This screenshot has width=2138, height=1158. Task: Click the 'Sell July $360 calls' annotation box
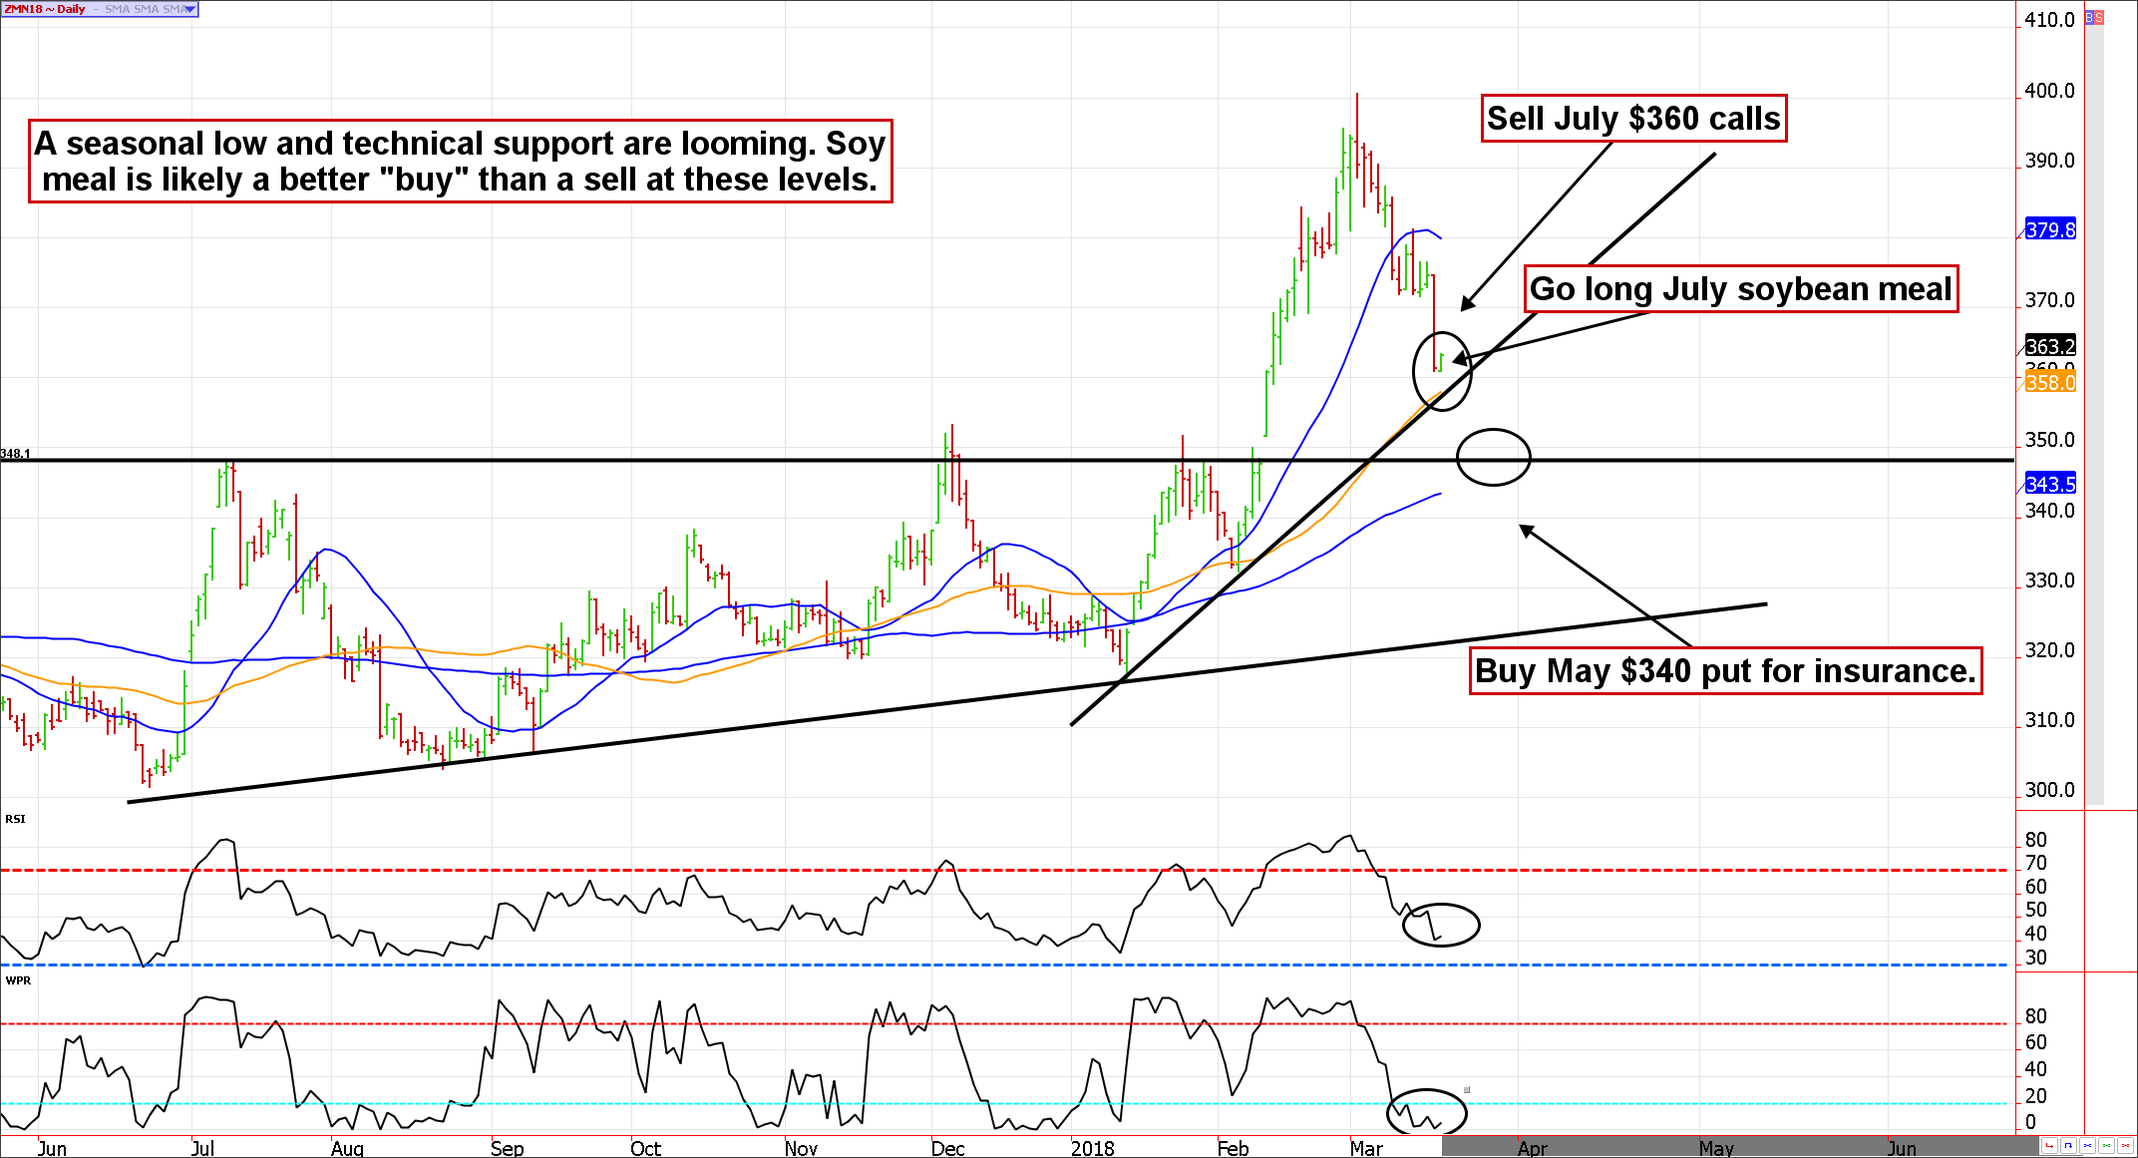1632,119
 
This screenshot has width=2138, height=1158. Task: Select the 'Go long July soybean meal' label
1740,289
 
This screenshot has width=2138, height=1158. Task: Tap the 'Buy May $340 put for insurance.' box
1724,671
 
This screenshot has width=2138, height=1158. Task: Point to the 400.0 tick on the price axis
2049,91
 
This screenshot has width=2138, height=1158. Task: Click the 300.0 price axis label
2049,790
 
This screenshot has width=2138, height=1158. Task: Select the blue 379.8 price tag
2050,229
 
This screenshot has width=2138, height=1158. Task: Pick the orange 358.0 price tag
2050,383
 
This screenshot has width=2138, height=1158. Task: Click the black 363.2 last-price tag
2050,346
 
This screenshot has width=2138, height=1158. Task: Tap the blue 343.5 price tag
2050,484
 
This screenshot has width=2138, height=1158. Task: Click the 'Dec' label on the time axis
947,1148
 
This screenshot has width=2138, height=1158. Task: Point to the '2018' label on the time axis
1092,1148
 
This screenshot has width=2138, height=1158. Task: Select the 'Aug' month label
347,1148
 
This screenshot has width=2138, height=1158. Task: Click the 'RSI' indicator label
15,819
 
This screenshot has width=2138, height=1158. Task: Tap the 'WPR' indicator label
18,980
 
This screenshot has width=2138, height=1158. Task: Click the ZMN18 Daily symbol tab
45,9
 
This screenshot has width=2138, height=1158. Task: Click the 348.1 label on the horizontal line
15,454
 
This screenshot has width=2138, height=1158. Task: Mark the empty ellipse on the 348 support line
1493,457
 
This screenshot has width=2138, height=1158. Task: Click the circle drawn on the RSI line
1441,925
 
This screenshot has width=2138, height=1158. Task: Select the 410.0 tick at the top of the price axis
2049,20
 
